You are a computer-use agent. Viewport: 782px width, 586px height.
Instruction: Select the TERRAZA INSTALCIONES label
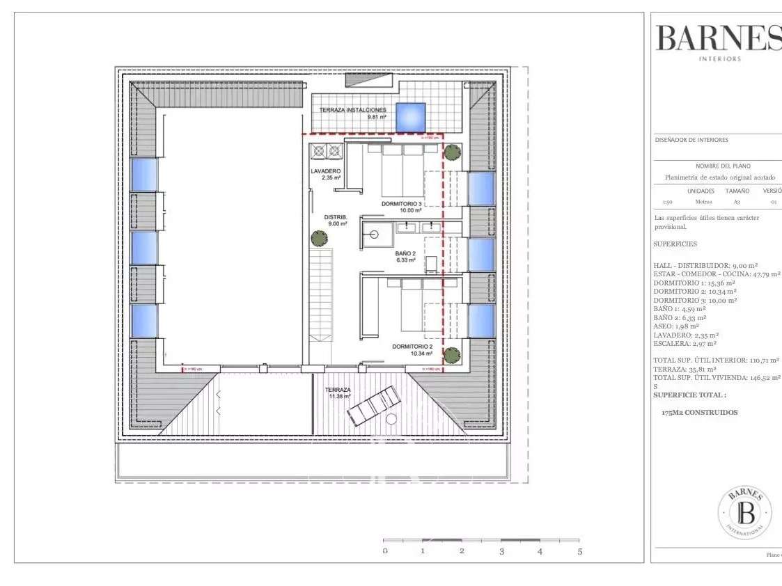352,111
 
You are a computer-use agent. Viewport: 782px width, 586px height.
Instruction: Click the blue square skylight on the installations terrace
411,117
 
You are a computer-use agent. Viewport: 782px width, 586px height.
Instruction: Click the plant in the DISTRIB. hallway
318,237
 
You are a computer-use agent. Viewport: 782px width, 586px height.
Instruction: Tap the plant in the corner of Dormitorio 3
453,152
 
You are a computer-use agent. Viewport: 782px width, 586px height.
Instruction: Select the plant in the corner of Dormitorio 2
453,354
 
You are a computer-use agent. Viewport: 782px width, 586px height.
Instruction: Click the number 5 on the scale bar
579,551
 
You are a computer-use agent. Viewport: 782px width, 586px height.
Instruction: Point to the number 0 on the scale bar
384,551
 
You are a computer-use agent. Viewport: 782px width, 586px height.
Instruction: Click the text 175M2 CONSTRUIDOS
699,412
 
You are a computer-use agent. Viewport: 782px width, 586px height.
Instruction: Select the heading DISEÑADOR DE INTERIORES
691,140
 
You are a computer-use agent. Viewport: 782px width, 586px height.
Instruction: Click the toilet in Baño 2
431,264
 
